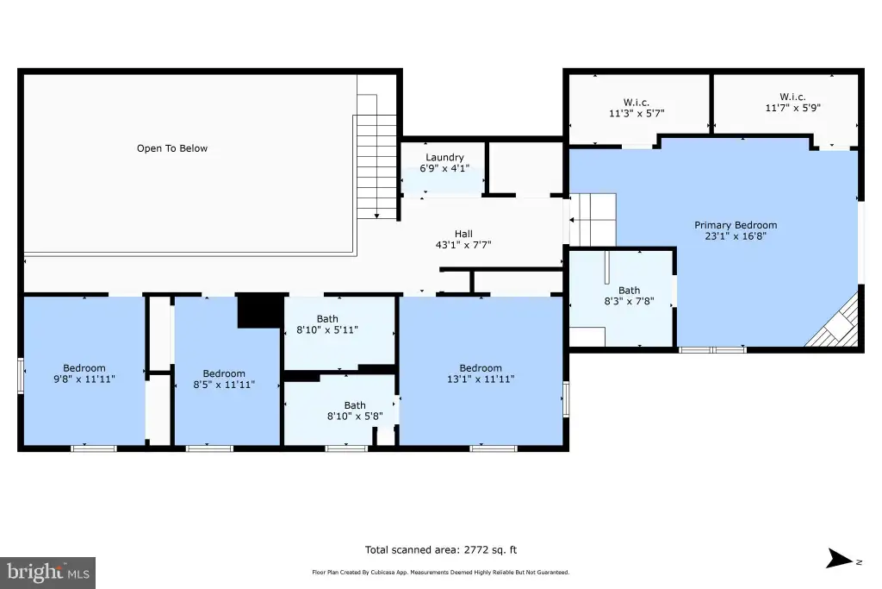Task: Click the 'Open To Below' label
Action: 172,148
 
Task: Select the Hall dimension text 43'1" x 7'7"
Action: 463,245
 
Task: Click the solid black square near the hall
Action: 260,311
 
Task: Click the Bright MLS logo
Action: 48,573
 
